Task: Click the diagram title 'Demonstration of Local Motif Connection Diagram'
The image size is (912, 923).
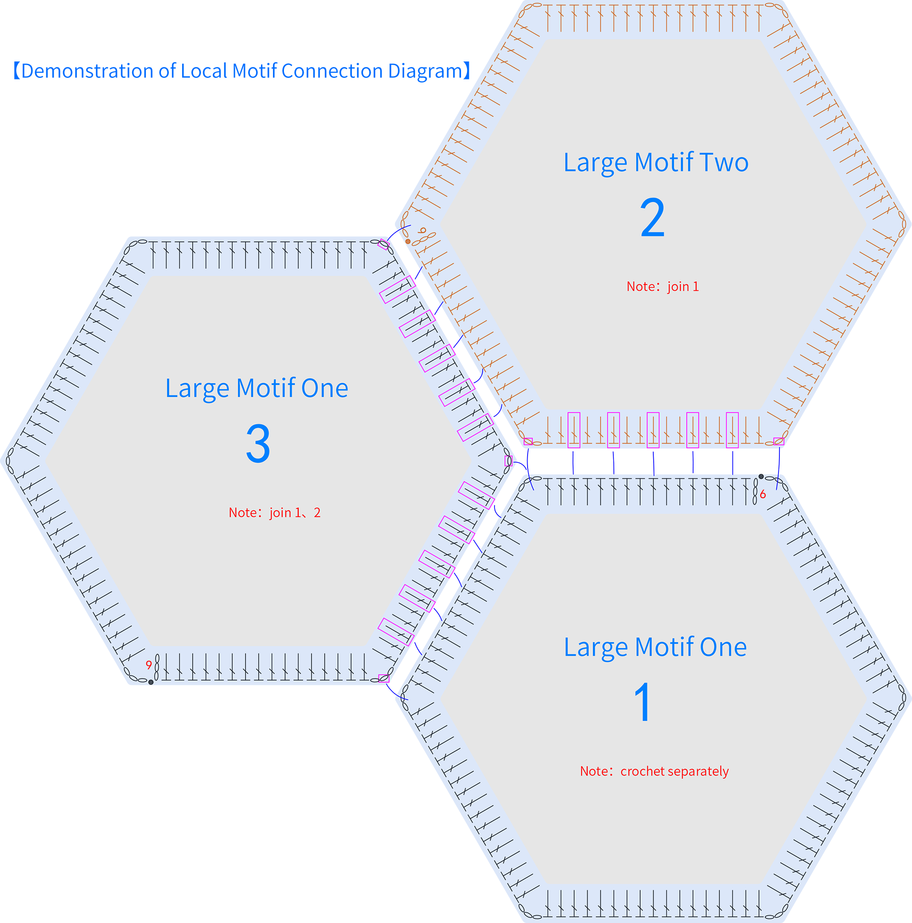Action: point(242,71)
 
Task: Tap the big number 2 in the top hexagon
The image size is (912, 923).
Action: point(652,218)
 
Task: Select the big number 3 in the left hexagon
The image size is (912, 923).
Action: point(258,444)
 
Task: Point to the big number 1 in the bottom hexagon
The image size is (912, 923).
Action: point(643,702)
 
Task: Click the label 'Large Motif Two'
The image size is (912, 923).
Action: point(656,162)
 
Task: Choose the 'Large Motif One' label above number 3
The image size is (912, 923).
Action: point(256,388)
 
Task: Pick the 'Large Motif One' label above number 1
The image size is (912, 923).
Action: point(655,647)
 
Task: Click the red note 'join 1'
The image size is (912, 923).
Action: point(683,287)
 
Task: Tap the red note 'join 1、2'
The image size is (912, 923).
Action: point(295,512)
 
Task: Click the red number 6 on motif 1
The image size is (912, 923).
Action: point(763,495)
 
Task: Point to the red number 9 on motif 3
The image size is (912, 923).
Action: point(149,665)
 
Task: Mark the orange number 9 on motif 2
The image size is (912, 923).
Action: point(423,231)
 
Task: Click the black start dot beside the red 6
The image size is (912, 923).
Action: point(761,477)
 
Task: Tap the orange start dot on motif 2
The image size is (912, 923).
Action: point(407,242)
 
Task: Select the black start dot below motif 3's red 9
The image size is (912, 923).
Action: point(151,682)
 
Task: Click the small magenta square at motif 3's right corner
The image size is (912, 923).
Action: point(508,461)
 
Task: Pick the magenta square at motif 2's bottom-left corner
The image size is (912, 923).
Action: point(528,441)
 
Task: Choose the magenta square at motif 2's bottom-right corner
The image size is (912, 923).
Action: point(779,441)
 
